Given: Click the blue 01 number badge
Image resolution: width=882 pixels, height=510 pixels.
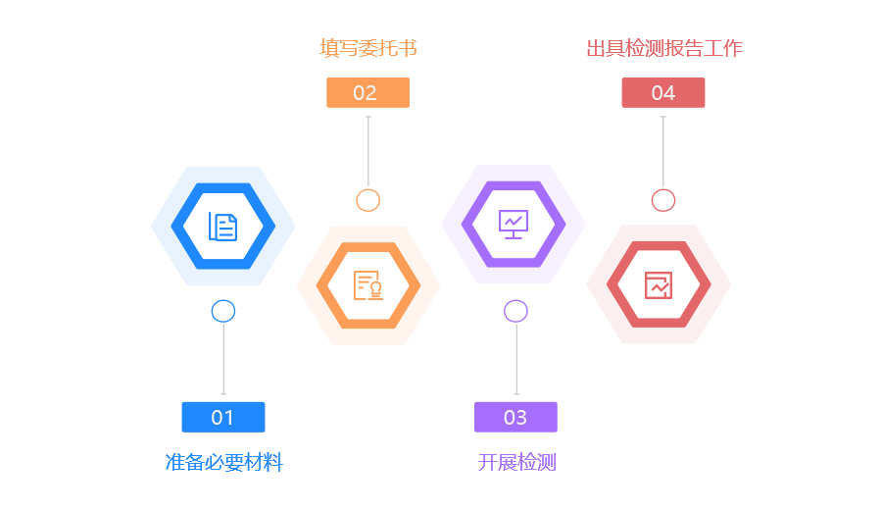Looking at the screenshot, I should pyautogui.click(x=222, y=417).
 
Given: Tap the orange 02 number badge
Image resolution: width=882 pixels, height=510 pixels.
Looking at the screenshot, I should pyautogui.click(x=367, y=92).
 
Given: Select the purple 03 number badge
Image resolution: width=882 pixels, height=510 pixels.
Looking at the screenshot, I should pyautogui.click(x=515, y=417).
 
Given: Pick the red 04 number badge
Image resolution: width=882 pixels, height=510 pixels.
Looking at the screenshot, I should pyautogui.click(x=662, y=92).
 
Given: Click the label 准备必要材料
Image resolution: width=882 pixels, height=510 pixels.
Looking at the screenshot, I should pyautogui.click(x=223, y=463).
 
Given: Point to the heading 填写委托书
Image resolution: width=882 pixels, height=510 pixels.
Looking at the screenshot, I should pyautogui.click(x=368, y=47).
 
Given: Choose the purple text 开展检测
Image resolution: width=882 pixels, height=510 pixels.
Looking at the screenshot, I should pyautogui.click(x=516, y=463).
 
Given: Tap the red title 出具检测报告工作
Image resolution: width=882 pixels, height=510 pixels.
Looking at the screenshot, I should pyautogui.click(x=663, y=47).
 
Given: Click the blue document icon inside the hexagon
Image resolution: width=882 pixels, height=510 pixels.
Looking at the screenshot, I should pyautogui.click(x=222, y=227).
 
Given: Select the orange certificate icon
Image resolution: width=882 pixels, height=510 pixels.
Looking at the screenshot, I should pyautogui.click(x=368, y=285).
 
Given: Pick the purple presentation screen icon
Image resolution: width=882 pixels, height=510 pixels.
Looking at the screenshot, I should pyautogui.click(x=514, y=224).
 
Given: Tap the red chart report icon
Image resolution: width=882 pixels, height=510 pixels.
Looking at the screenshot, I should pyautogui.click(x=659, y=285).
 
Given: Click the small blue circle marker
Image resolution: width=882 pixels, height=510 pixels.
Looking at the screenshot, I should pyautogui.click(x=223, y=312).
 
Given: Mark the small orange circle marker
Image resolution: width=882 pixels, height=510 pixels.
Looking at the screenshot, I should pyautogui.click(x=368, y=200).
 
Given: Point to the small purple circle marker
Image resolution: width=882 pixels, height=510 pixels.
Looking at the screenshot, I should pyautogui.click(x=516, y=312).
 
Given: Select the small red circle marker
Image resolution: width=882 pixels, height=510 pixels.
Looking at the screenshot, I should pyautogui.click(x=663, y=200).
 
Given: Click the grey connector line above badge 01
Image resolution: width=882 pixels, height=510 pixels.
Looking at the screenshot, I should pyautogui.click(x=223, y=358).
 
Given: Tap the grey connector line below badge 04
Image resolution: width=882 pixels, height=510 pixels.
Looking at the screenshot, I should pyautogui.click(x=663, y=152).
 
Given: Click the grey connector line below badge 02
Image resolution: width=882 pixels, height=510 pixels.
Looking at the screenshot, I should pyautogui.click(x=368, y=152).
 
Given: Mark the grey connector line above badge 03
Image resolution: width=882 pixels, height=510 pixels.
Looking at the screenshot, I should pyautogui.click(x=516, y=358).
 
